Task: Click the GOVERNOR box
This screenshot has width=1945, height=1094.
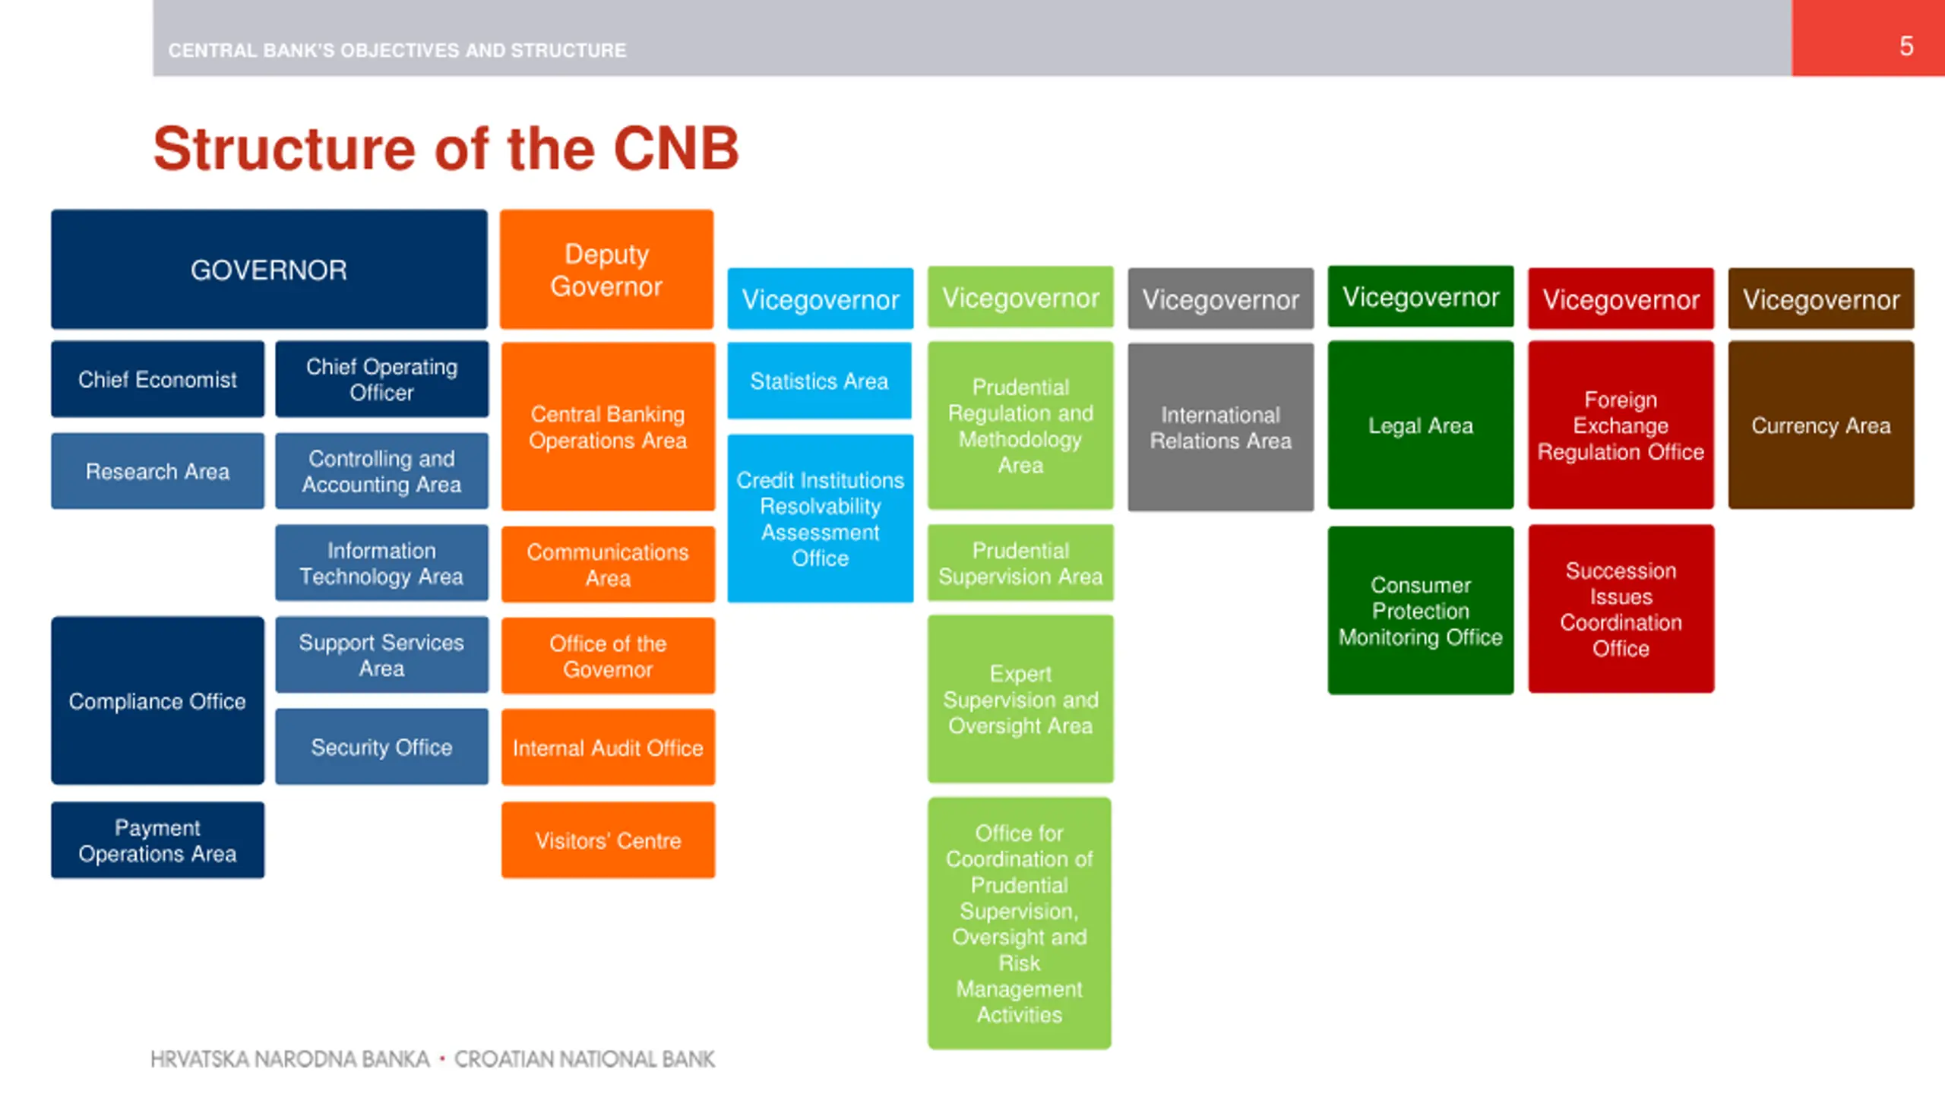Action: (269, 270)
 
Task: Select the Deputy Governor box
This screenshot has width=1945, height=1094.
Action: (606, 270)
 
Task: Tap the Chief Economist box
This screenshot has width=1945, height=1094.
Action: (157, 379)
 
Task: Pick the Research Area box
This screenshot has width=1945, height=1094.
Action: (157, 471)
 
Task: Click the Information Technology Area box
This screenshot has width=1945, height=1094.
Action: (381, 563)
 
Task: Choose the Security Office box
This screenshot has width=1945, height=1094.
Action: (381, 747)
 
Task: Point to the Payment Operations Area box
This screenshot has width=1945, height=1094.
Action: (157, 840)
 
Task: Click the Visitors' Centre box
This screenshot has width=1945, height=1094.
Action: (608, 840)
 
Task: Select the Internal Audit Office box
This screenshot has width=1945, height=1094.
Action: (608, 748)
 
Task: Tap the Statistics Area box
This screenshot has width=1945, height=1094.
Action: (819, 381)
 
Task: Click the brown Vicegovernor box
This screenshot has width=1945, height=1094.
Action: (1820, 299)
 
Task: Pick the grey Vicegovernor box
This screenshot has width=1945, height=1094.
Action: (1220, 299)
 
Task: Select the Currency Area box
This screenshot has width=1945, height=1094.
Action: (1820, 425)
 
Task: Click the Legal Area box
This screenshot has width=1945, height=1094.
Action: (1420, 425)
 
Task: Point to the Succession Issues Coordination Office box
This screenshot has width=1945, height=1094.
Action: (1621, 609)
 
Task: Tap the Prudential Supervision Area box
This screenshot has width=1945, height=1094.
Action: (1020, 563)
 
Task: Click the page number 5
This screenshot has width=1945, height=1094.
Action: (1906, 46)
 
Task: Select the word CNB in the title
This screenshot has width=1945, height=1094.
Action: (675, 148)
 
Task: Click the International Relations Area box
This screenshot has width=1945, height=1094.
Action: (1220, 427)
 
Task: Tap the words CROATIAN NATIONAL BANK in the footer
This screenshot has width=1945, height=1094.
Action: (584, 1059)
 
